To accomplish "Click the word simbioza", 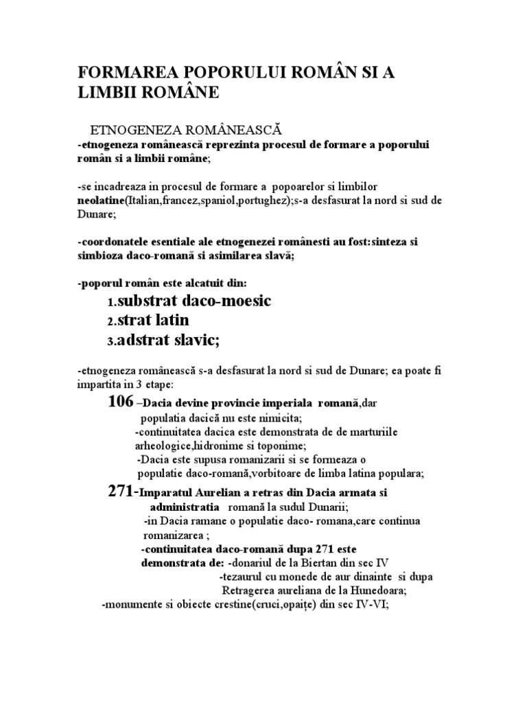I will click(x=100, y=255).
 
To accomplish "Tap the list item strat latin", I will click(x=154, y=321).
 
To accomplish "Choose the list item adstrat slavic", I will click(x=169, y=340).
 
